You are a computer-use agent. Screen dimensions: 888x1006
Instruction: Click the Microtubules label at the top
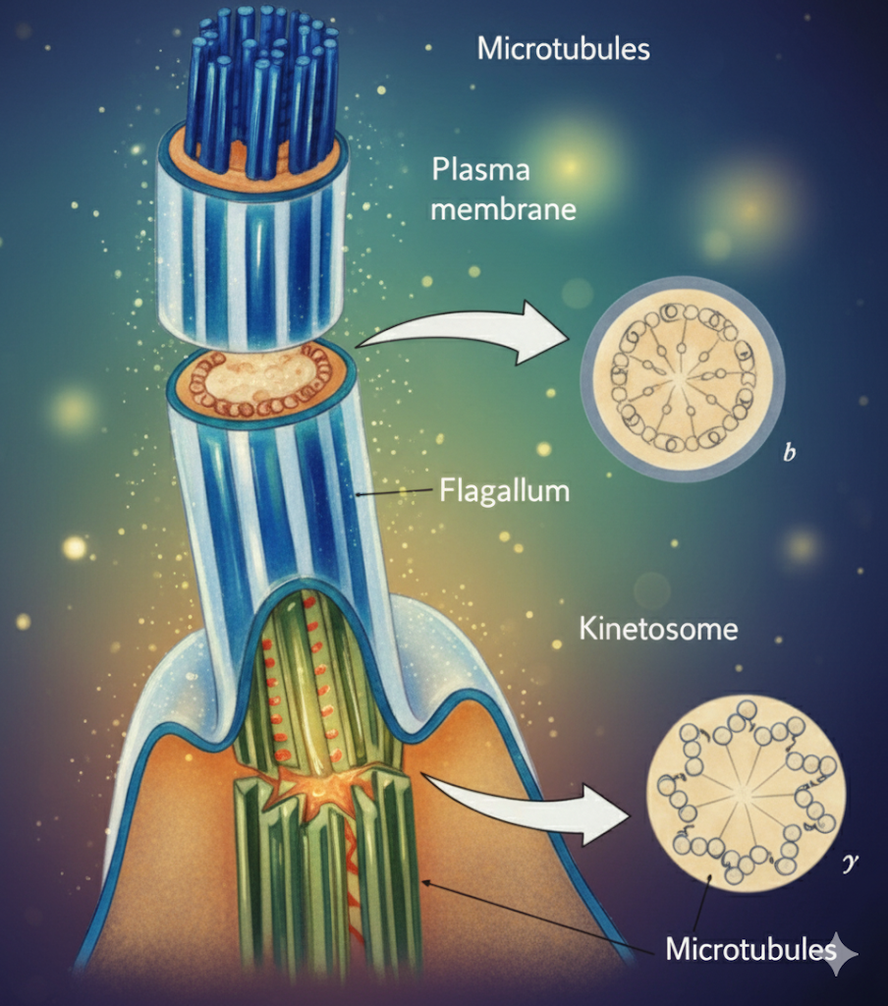pos(563,48)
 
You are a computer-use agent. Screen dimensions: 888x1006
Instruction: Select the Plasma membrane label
pos(503,189)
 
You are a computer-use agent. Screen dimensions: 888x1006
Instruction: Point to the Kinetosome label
pos(657,628)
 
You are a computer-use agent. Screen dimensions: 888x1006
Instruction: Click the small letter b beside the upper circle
pos(788,455)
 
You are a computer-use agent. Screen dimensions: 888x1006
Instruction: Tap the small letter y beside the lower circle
pos(852,865)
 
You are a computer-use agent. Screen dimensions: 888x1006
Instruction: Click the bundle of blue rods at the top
pos(260,88)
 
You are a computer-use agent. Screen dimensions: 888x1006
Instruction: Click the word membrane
pos(503,209)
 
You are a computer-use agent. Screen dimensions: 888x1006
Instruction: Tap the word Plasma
pos(480,169)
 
